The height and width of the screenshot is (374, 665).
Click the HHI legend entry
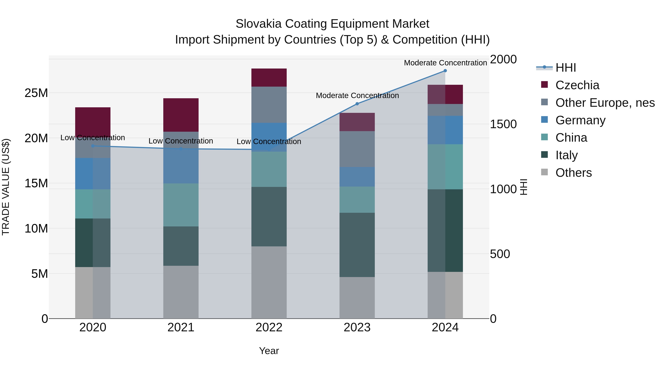(x=565, y=68)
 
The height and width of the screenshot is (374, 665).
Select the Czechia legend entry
(x=577, y=85)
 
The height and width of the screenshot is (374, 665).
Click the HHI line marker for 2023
(x=357, y=104)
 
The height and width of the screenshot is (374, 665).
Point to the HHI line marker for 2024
(x=445, y=71)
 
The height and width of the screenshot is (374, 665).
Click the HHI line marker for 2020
(x=93, y=146)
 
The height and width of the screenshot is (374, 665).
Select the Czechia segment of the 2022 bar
(x=269, y=77)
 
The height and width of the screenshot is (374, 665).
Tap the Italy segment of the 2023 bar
(x=357, y=245)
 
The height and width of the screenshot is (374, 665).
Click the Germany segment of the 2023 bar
(x=357, y=177)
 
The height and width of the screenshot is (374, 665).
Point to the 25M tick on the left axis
(x=36, y=93)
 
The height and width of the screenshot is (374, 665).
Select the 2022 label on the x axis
(x=269, y=327)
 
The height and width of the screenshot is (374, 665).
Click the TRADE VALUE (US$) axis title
(x=6, y=187)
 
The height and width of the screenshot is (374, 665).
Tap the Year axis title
(x=269, y=351)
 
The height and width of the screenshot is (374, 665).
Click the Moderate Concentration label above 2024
(x=445, y=63)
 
